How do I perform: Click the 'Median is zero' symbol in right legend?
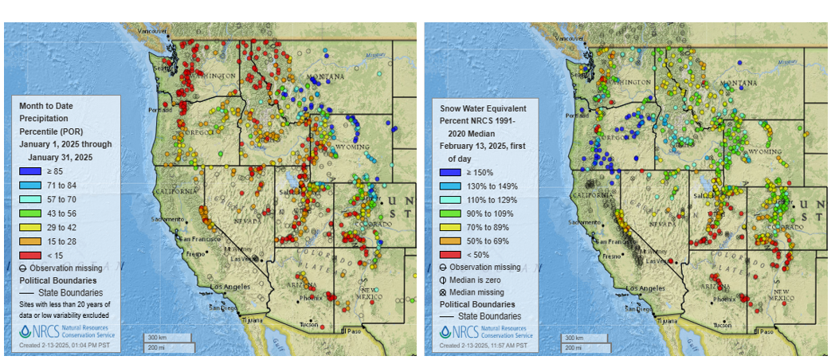pyautogui.click(x=445, y=280)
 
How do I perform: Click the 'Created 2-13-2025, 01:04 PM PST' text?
pyautogui.click(x=65, y=346)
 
